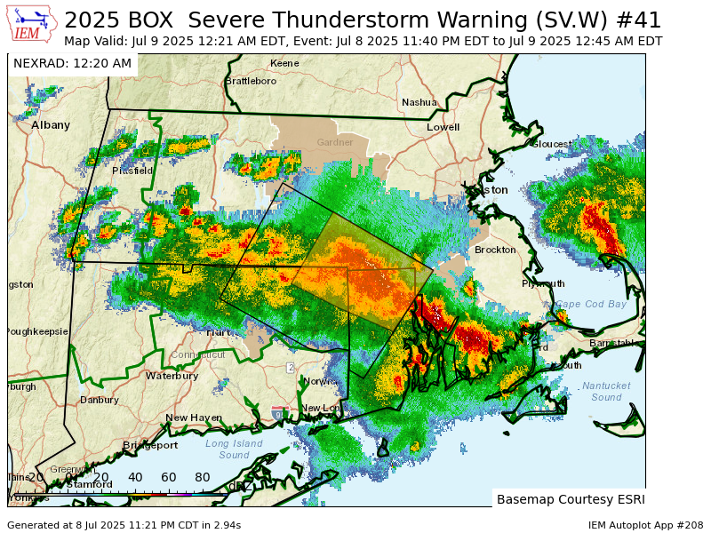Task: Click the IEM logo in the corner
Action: coord(33,24)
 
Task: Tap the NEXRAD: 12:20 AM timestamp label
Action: coord(72,63)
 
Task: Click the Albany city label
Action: coord(51,125)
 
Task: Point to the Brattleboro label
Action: coord(251,81)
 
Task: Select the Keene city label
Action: coord(284,63)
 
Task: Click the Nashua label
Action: coord(419,102)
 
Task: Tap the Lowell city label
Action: coord(443,127)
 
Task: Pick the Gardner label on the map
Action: coord(335,142)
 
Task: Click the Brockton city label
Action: coord(495,250)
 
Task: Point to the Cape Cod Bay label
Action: coord(591,304)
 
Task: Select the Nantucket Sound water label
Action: coord(607,392)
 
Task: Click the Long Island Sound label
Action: coord(234,449)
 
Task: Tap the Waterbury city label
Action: coord(172,376)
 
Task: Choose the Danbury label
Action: coord(99,400)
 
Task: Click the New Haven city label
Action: coord(194,418)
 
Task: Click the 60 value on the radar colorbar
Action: coord(169,477)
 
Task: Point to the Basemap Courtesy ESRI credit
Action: coord(571,498)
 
